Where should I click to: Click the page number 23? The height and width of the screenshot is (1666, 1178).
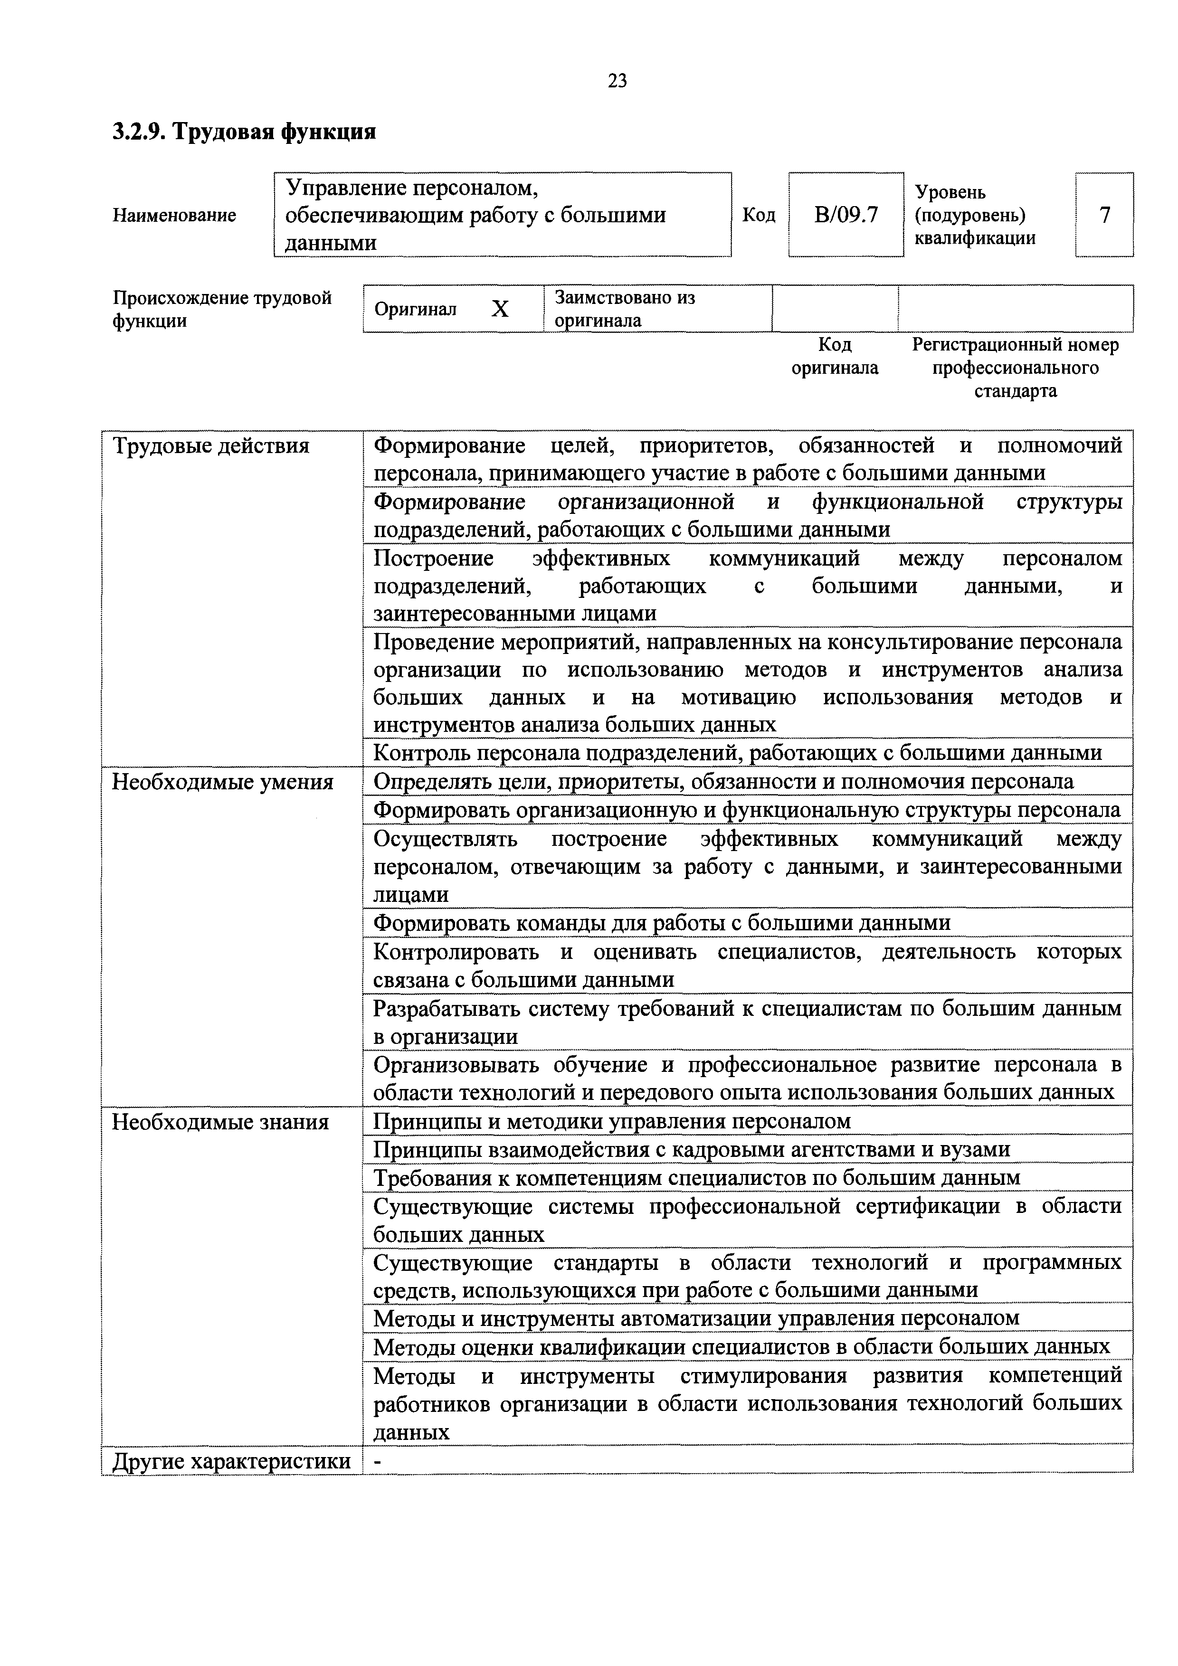tap(617, 81)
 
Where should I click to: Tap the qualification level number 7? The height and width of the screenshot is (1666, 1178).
tap(1104, 215)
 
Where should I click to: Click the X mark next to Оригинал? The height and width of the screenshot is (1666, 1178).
tap(500, 310)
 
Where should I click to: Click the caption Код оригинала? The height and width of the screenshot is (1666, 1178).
tap(834, 356)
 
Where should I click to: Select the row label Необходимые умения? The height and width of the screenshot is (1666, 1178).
tap(222, 782)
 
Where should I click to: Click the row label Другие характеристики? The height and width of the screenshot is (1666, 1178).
tap(231, 1461)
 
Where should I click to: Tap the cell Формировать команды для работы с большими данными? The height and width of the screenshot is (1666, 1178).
tap(661, 923)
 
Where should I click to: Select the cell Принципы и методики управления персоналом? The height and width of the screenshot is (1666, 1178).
tap(611, 1121)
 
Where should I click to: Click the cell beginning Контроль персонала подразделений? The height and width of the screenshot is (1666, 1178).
tap(737, 753)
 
